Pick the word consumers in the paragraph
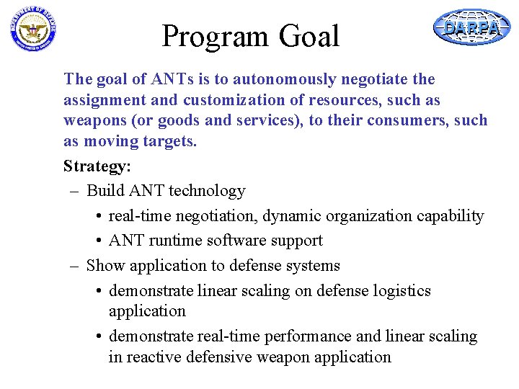click(407, 120)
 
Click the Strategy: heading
click(97, 166)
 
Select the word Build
click(105, 191)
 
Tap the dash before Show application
click(74, 266)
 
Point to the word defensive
click(218, 357)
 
